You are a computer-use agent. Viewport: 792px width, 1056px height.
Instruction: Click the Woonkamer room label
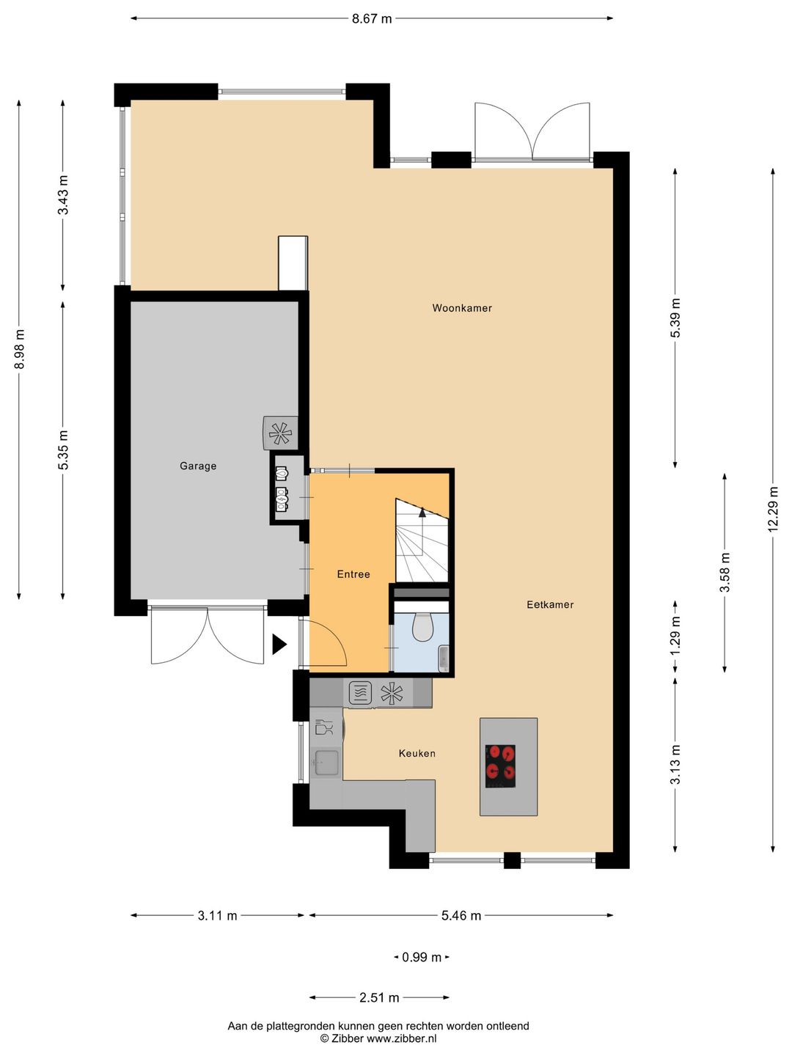click(x=462, y=308)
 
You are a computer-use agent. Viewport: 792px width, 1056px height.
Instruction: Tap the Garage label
click(x=198, y=466)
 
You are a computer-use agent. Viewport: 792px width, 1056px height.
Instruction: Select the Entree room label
click(x=353, y=574)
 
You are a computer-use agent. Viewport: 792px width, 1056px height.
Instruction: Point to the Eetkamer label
click(x=550, y=604)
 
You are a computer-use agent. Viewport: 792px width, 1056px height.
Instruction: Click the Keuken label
click(x=417, y=753)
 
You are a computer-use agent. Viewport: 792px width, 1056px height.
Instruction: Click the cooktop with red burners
click(x=500, y=766)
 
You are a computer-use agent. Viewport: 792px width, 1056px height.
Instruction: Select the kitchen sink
click(x=326, y=763)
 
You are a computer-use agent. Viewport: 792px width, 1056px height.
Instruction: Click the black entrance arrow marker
click(x=279, y=645)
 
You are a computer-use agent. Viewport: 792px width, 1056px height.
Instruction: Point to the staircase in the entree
click(x=422, y=543)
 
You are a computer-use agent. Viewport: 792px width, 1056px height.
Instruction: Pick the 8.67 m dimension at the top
click(x=372, y=19)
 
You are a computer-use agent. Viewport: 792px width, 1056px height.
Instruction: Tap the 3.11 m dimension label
click(x=217, y=915)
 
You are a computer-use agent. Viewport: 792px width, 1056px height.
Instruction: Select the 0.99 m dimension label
click(x=422, y=957)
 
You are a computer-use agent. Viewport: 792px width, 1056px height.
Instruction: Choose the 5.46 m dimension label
click(x=461, y=915)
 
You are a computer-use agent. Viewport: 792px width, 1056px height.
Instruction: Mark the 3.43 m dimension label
click(x=63, y=196)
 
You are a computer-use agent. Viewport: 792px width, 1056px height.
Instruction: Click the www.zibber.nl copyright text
click(x=378, y=1038)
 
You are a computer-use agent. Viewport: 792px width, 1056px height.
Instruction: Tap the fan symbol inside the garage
click(x=280, y=433)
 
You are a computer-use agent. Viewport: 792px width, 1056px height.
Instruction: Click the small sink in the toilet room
click(x=443, y=658)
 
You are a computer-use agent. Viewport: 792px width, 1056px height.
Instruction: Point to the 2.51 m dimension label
click(x=379, y=997)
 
